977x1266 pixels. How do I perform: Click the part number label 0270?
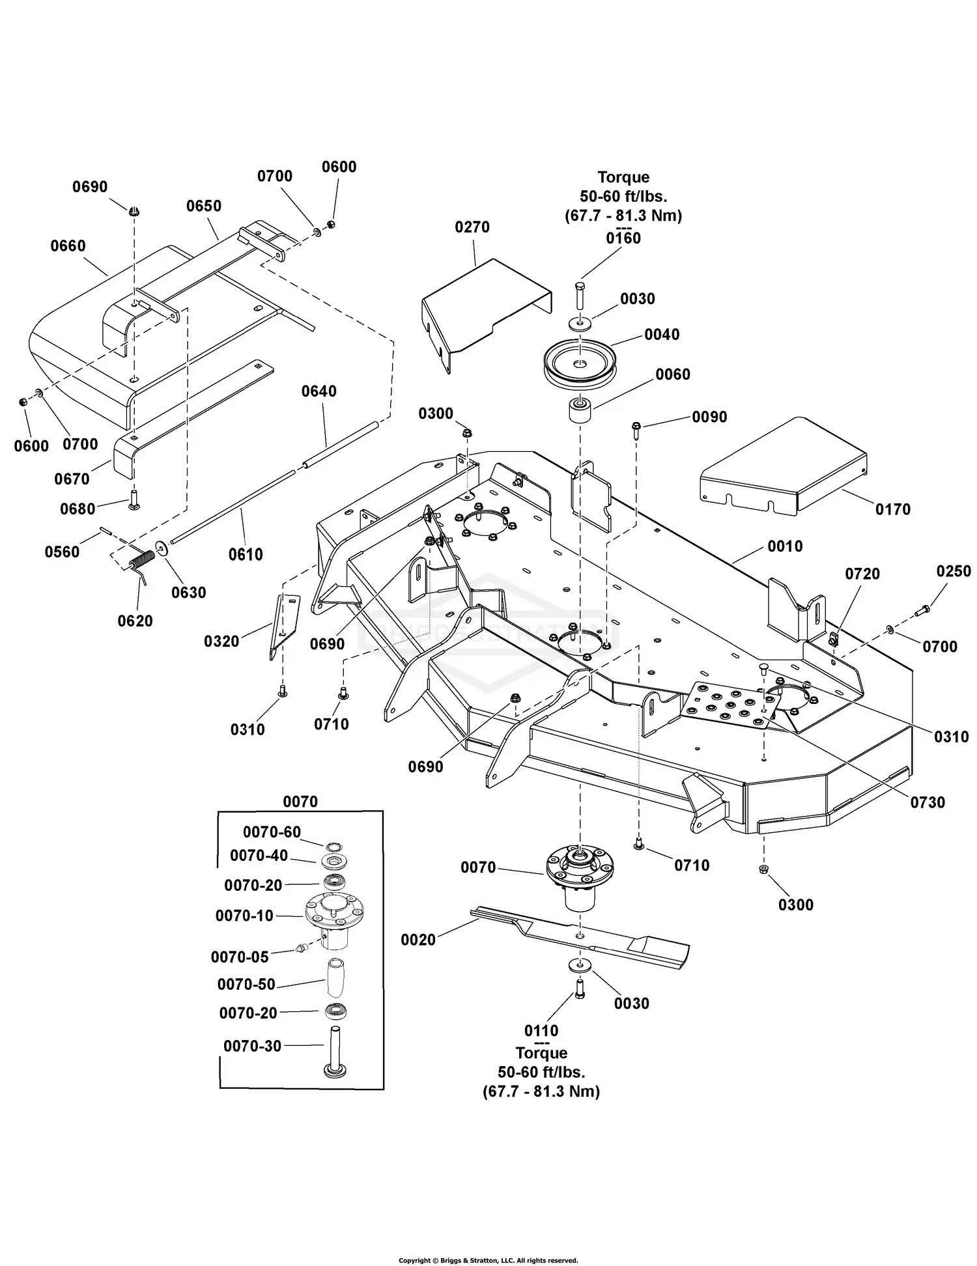(472, 227)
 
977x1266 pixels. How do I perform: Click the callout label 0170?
(892, 509)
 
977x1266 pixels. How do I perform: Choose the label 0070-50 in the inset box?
(246, 984)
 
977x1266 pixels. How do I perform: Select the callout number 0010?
(785, 546)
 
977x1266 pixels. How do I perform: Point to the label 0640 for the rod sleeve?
(319, 391)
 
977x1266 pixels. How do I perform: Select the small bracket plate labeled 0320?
(284, 625)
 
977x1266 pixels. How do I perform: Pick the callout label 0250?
(954, 571)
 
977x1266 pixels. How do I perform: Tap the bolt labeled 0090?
(636, 427)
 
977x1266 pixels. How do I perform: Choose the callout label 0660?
(68, 246)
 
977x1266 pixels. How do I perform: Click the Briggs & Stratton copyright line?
(488, 1261)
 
